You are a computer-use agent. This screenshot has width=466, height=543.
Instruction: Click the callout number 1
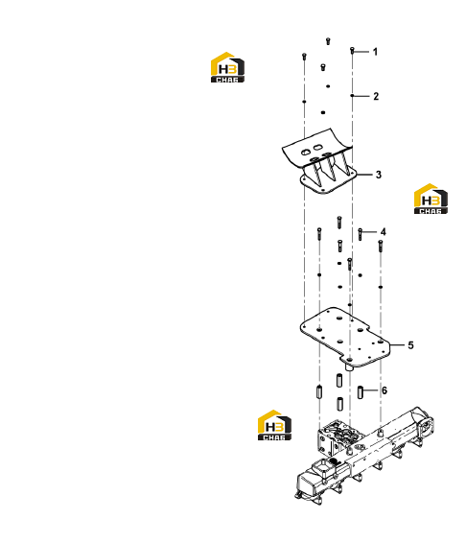(x=375, y=52)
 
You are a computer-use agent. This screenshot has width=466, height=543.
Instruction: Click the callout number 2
(x=376, y=96)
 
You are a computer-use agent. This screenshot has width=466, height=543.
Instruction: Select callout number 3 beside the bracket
(x=379, y=175)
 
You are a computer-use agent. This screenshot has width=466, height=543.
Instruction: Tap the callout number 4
(x=383, y=231)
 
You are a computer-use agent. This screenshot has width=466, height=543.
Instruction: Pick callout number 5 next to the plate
(x=410, y=345)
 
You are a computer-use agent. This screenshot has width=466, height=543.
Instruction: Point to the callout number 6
(x=384, y=390)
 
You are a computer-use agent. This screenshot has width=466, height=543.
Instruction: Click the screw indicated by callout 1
(x=352, y=51)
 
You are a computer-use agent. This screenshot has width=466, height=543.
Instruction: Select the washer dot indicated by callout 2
(x=352, y=96)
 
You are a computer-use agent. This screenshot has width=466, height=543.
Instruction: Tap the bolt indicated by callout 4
(x=361, y=234)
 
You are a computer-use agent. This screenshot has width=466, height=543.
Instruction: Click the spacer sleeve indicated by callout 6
(x=361, y=392)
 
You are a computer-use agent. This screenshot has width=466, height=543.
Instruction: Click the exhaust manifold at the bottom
(x=364, y=454)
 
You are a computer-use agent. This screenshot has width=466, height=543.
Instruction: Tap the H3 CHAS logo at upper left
(x=227, y=67)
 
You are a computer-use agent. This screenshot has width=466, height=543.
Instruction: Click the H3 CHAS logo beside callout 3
(x=431, y=199)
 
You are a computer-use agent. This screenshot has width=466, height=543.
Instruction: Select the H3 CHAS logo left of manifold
(x=274, y=425)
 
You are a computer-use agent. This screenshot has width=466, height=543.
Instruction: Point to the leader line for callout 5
(x=397, y=345)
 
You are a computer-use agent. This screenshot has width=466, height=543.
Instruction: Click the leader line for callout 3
(x=363, y=175)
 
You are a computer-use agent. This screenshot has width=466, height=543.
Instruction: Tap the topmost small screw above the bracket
(x=328, y=41)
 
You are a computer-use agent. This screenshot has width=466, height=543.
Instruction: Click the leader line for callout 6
(x=370, y=390)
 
